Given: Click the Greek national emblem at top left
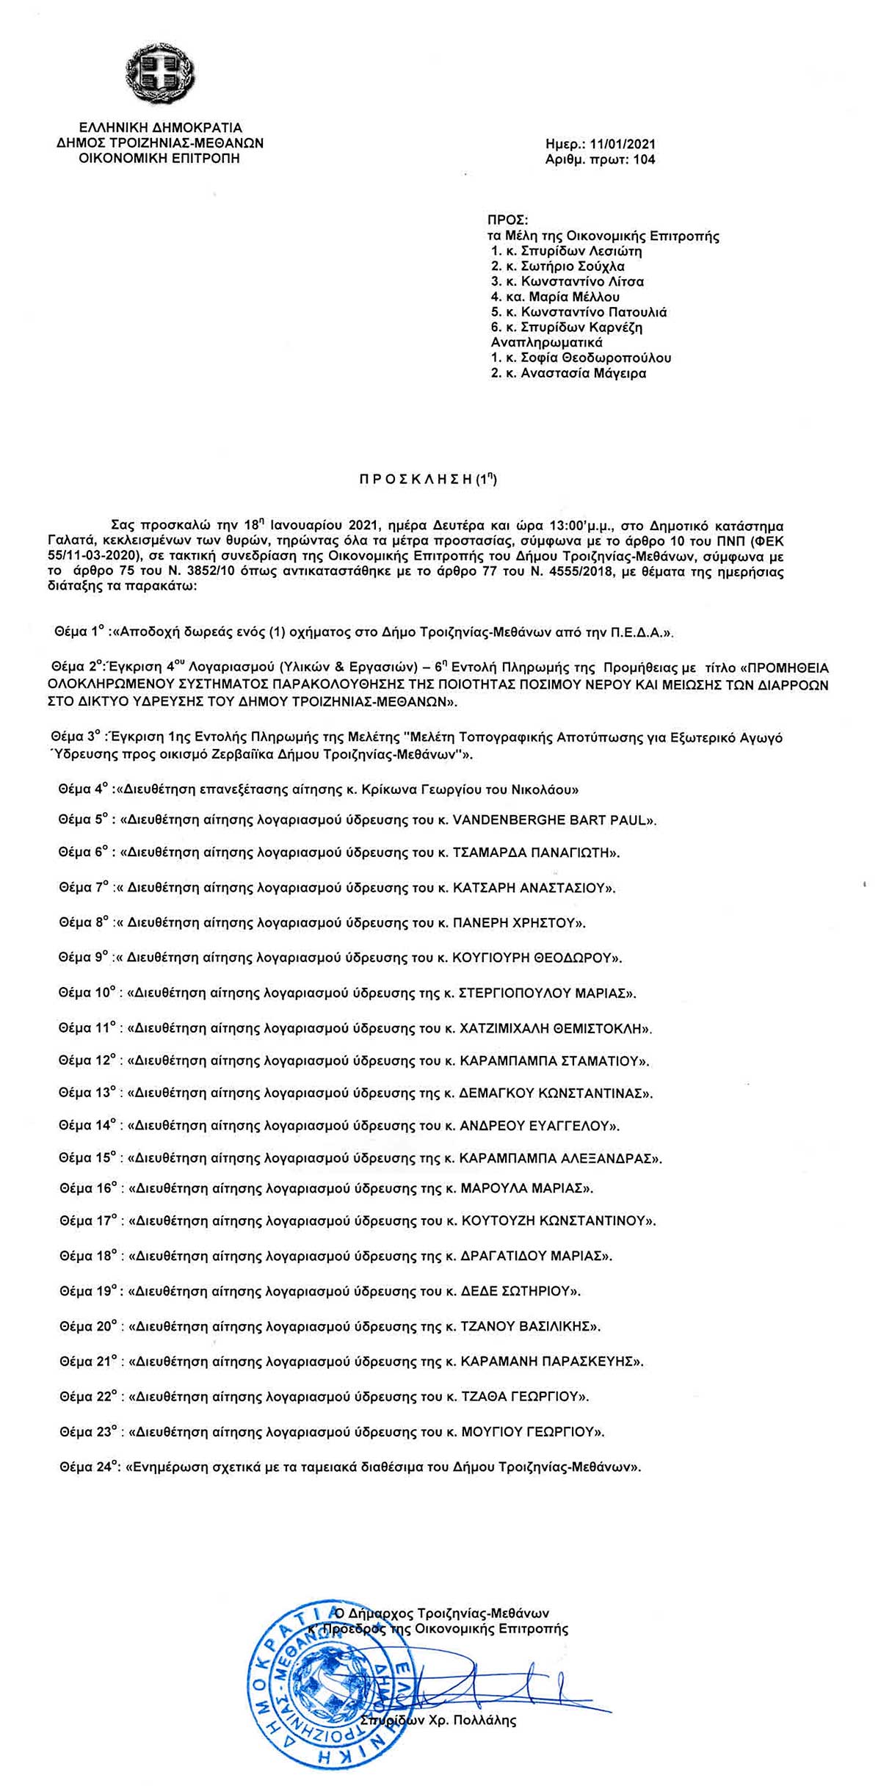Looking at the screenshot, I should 162,73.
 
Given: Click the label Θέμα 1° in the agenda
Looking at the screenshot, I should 80,631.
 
